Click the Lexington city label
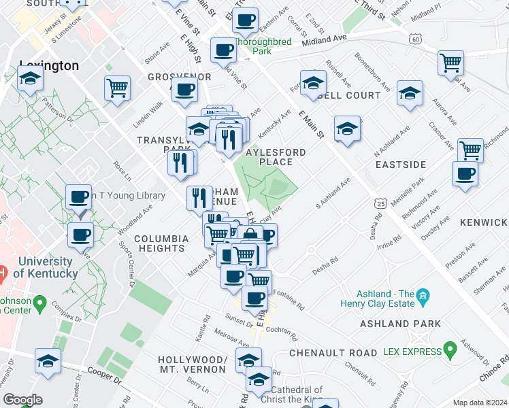tap(49, 66)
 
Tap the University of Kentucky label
tap(45, 267)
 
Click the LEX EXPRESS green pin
tap(449, 351)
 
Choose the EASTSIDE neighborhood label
tap(401, 165)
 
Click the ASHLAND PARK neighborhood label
tap(397, 324)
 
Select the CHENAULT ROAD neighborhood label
tap(333, 353)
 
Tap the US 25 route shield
tap(380, 203)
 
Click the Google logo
tap(22, 400)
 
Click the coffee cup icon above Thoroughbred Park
tap(245, 20)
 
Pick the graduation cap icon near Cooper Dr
tap(48, 361)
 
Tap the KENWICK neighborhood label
tap(484, 222)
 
